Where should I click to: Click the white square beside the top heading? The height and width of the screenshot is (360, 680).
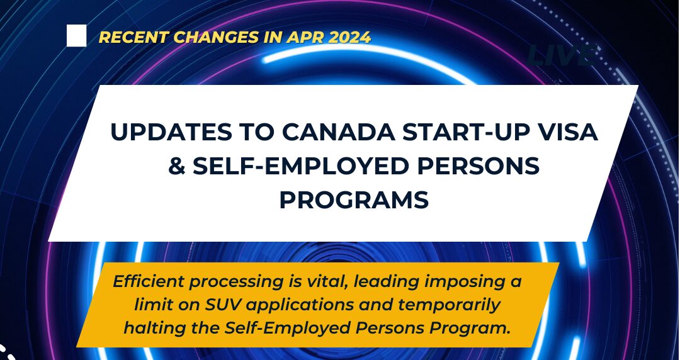[76, 36]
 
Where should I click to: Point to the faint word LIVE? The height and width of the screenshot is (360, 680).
[562, 55]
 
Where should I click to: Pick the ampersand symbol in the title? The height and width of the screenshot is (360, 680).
[176, 166]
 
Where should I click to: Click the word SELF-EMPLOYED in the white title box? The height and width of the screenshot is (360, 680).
[301, 166]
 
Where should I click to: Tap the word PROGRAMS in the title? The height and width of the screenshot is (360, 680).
[354, 200]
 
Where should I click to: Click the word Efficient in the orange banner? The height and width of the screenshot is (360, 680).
[149, 282]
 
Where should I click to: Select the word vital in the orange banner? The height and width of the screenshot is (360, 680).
[326, 282]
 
